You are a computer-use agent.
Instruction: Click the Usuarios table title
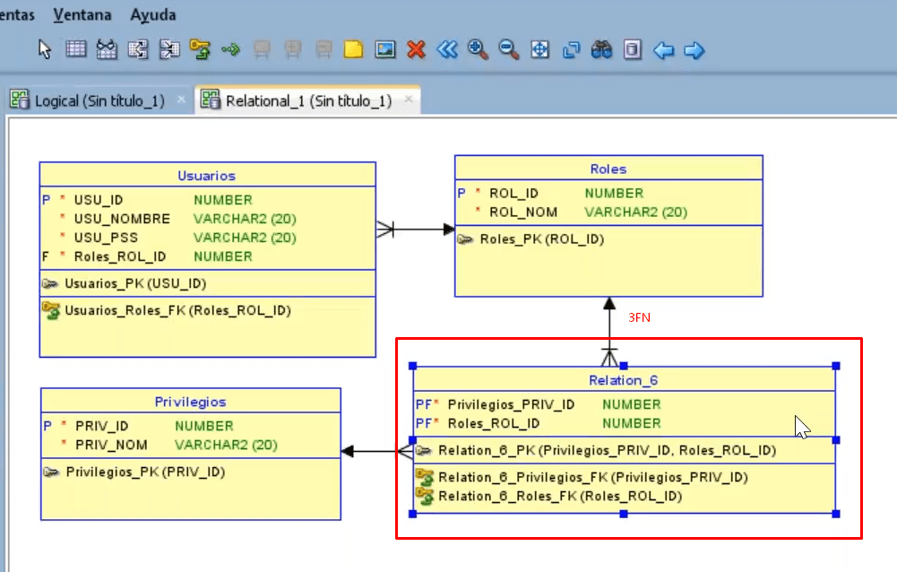[206, 176]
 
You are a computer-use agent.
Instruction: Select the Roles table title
[608, 169]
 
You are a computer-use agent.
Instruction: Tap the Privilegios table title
[190, 402]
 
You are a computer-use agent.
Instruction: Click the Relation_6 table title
[623, 380]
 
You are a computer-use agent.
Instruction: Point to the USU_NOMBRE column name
[122, 219]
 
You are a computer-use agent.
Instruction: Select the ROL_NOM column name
[523, 212]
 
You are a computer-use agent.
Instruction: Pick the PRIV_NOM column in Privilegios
[111, 445]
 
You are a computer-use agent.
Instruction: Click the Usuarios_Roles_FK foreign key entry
[177, 310]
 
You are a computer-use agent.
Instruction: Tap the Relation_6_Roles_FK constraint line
[559, 496]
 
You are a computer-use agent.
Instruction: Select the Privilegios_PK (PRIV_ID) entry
[144, 472]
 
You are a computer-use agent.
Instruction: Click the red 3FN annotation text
[639, 317]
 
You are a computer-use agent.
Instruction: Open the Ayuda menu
[153, 15]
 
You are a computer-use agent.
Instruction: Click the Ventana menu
[82, 15]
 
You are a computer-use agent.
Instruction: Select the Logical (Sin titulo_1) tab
[99, 100]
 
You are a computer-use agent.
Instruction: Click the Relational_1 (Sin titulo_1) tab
[307, 100]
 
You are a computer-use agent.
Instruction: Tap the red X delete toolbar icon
[416, 50]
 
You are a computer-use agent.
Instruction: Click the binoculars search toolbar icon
[601, 50]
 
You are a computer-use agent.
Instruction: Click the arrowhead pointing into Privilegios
[349, 452]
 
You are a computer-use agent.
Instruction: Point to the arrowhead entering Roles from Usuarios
[449, 230]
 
